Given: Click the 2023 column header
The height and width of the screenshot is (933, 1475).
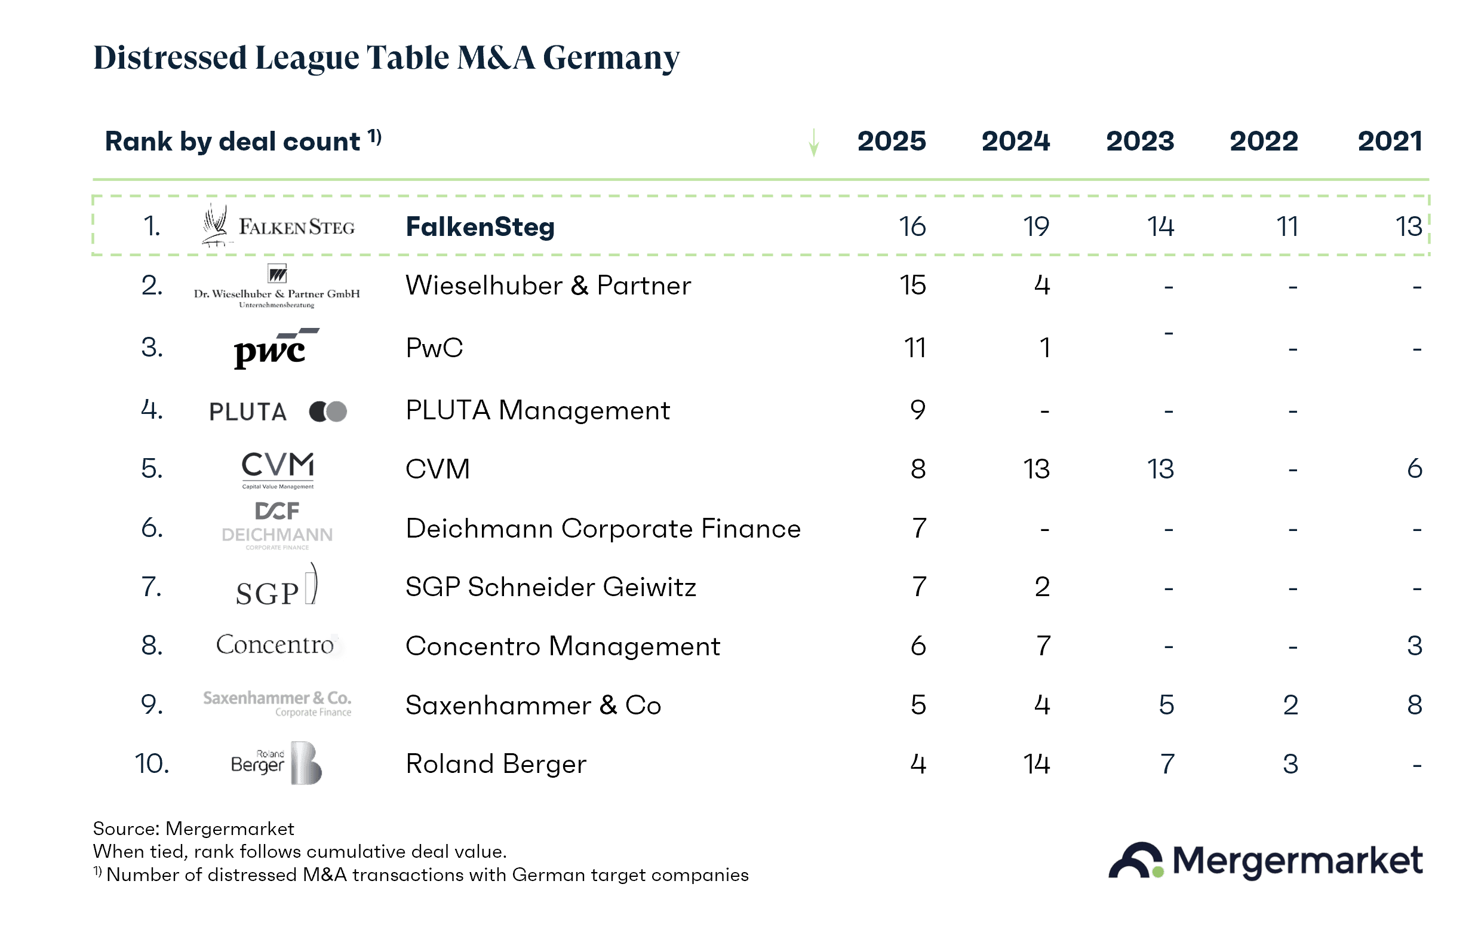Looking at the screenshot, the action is click(x=1139, y=142).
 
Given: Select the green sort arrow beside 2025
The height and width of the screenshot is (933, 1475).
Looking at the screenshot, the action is click(x=813, y=143).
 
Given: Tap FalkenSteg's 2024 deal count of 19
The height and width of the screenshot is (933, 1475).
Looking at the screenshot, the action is click(x=1036, y=226).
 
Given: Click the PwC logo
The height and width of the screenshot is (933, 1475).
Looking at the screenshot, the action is click(x=276, y=348).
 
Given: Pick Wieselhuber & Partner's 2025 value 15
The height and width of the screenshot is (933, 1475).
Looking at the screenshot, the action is click(x=912, y=286).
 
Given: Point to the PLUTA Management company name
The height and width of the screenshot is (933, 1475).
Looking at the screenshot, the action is click(x=537, y=410).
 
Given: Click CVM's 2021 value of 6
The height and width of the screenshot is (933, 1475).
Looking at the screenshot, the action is click(x=1414, y=469).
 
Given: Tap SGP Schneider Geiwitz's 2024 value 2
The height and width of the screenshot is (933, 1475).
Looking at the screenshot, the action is click(x=1043, y=587).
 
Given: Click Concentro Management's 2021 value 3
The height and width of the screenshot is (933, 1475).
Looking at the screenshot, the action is click(x=1414, y=646).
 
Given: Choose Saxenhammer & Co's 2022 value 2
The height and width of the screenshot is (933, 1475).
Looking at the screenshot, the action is click(x=1290, y=705).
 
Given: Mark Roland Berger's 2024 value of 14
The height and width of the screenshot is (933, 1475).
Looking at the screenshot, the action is click(x=1037, y=764).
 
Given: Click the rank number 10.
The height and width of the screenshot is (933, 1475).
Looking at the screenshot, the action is click(x=152, y=764).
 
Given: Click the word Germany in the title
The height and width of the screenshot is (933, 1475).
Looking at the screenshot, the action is click(x=611, y=57).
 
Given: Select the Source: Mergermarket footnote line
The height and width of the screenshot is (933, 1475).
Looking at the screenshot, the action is click(x=193, y=829).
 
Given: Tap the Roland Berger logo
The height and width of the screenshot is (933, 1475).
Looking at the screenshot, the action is click(x=276, y=763).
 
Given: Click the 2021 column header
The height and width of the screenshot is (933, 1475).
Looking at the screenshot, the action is click(x=1389, y=142).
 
